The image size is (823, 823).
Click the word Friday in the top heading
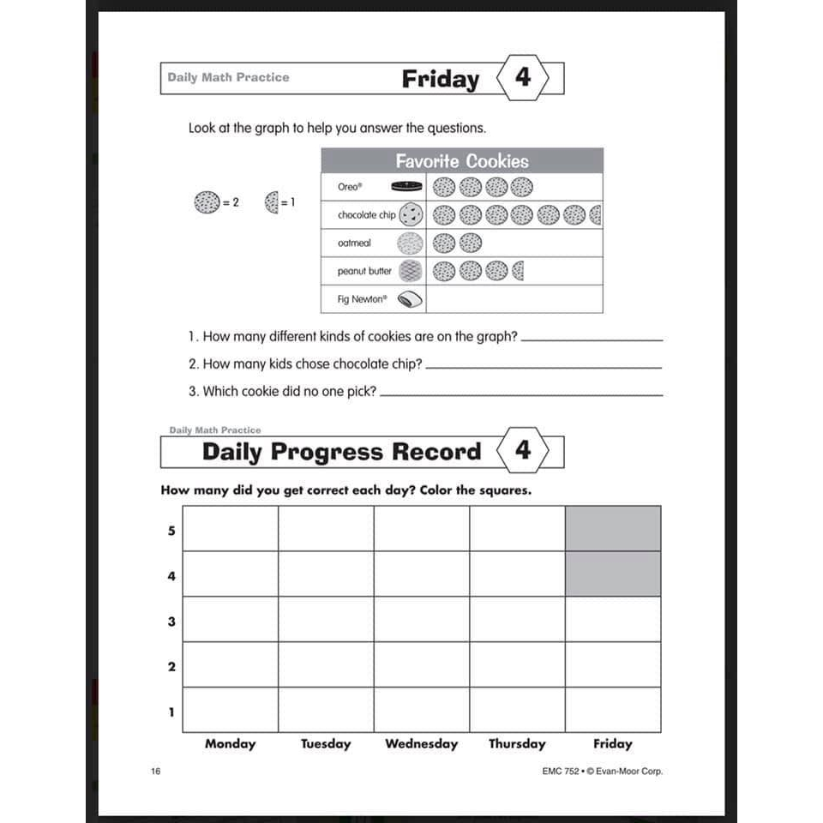(441, 79)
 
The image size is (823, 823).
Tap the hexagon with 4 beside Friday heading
(522, 78)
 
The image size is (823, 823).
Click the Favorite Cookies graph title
(461, 161)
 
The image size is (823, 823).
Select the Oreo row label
(350, 187)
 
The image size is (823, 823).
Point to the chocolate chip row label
(366, 215)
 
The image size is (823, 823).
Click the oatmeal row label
(354, 243)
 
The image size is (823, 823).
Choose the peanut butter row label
(364, 271)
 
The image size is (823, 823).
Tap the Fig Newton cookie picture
(410, 299)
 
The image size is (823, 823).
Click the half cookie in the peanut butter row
(517, 272)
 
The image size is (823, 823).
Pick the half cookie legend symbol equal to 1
(272, 203)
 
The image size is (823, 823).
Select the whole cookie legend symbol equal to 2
(207, 203)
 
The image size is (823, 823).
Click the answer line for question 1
(592, 339)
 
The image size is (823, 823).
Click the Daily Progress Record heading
(341, 452)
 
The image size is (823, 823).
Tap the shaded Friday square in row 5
(612, 528)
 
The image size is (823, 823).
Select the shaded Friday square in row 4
(612, 574)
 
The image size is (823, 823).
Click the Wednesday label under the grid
(421, 743)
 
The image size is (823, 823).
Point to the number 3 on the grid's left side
(171, 621)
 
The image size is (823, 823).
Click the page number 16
(155, 771)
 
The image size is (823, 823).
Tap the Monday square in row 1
(231, 709)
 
